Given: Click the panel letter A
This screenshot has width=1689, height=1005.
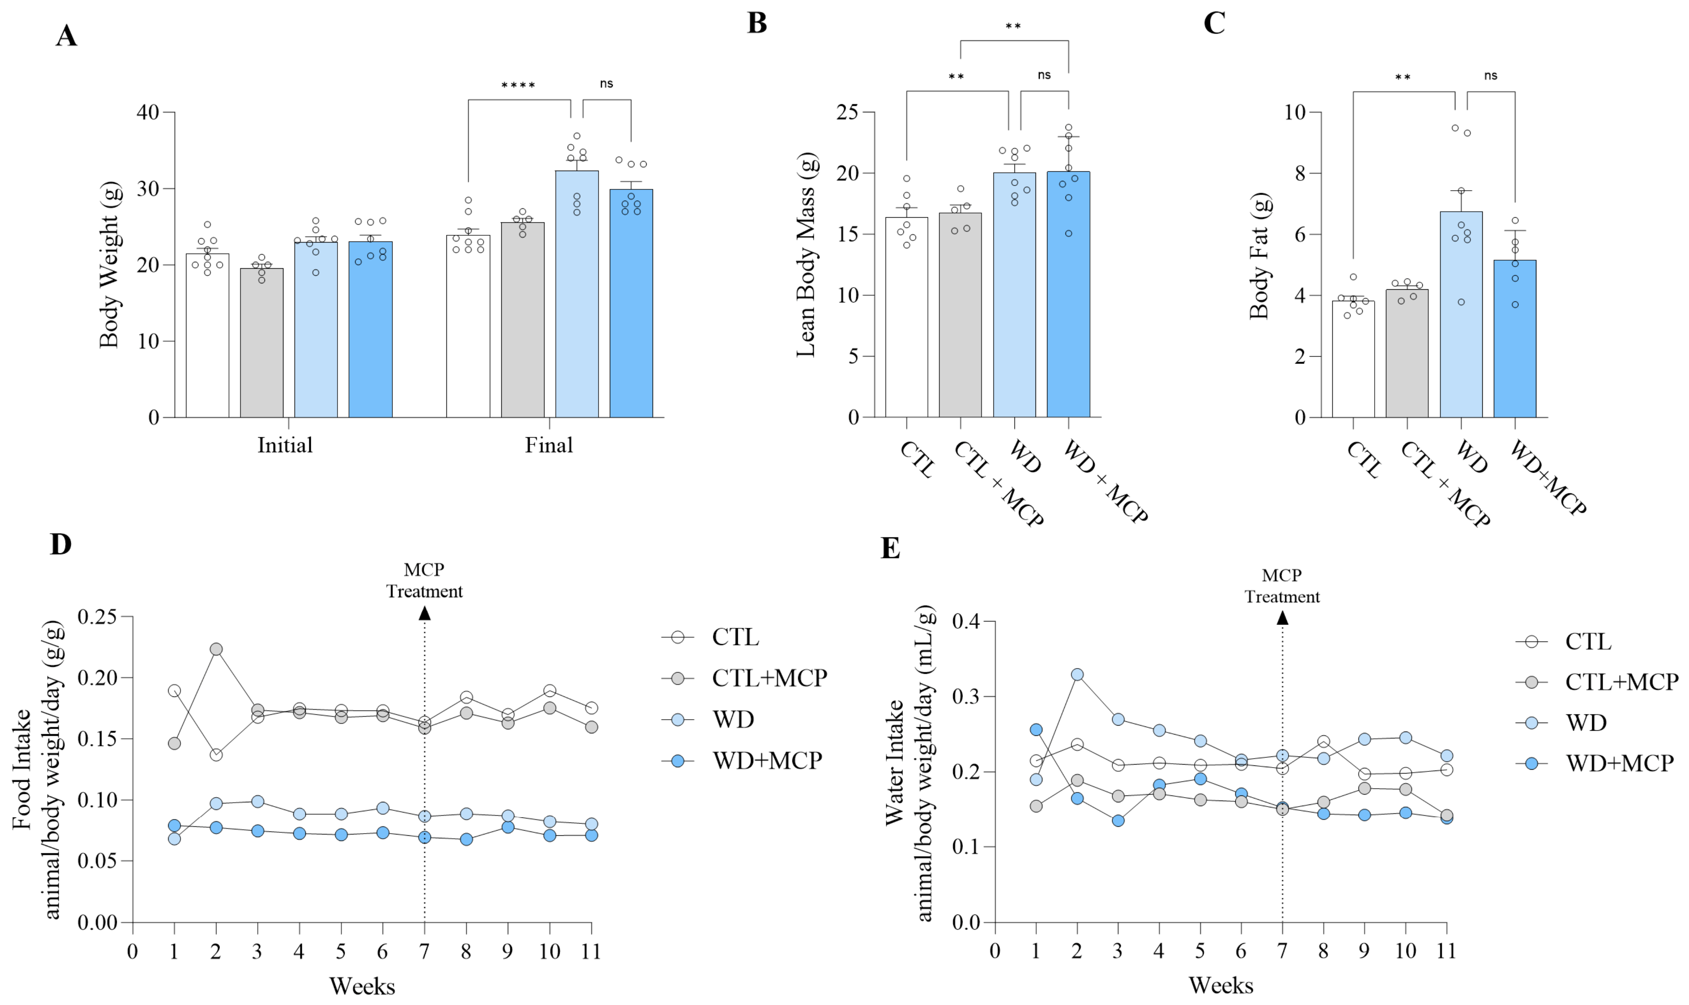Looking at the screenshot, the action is click(x=66, y=35).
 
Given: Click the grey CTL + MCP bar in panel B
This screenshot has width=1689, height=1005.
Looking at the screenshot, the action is click(x=960, y=315).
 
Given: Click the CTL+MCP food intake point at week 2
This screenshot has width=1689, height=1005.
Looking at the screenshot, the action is click(x=216, y=649).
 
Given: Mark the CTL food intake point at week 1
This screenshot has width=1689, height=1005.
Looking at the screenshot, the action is click(x=174, y=691).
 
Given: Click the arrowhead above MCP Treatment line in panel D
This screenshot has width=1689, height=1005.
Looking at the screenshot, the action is click(x=425, y=613).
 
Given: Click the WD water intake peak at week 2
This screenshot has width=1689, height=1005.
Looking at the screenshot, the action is click(x=1077, y=675).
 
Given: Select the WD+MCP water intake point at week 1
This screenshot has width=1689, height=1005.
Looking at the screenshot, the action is click(x=1036, y=729).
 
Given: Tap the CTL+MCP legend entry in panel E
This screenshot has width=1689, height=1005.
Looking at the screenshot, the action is click(x=1597, y=681).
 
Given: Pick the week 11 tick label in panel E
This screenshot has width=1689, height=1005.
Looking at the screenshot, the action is click(x=1446, y=951).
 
